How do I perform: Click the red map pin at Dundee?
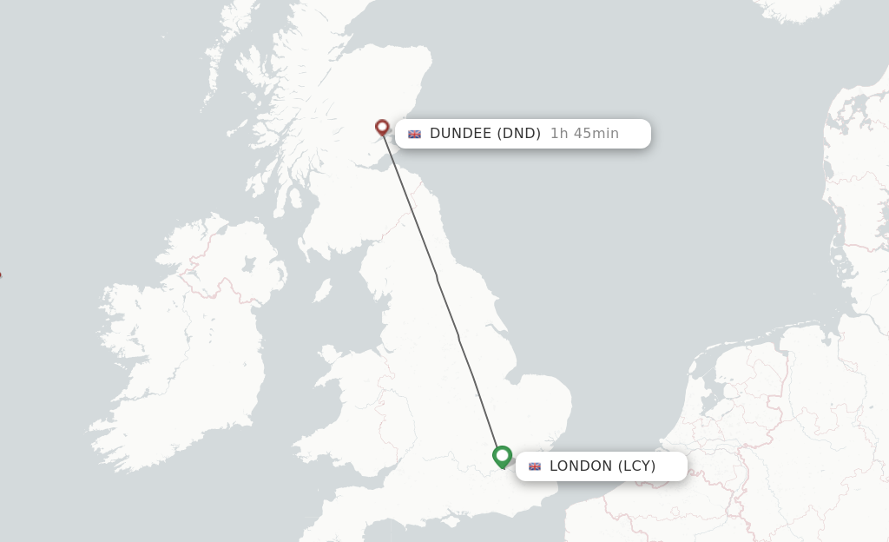[382, 128]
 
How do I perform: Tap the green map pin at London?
[502, 455]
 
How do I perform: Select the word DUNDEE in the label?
[460, 134]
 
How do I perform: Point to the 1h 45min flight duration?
[584, 134]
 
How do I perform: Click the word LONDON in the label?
[581, 466]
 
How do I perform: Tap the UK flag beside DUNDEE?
[415, 134]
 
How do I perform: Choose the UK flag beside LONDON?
[535, 466]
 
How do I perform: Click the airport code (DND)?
[518, 134]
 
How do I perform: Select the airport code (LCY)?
[636, 466]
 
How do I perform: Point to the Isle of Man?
[322, 289]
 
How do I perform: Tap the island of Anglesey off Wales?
[329, 354]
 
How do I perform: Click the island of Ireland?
[182, 347]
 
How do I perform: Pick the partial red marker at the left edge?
[0, 274]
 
